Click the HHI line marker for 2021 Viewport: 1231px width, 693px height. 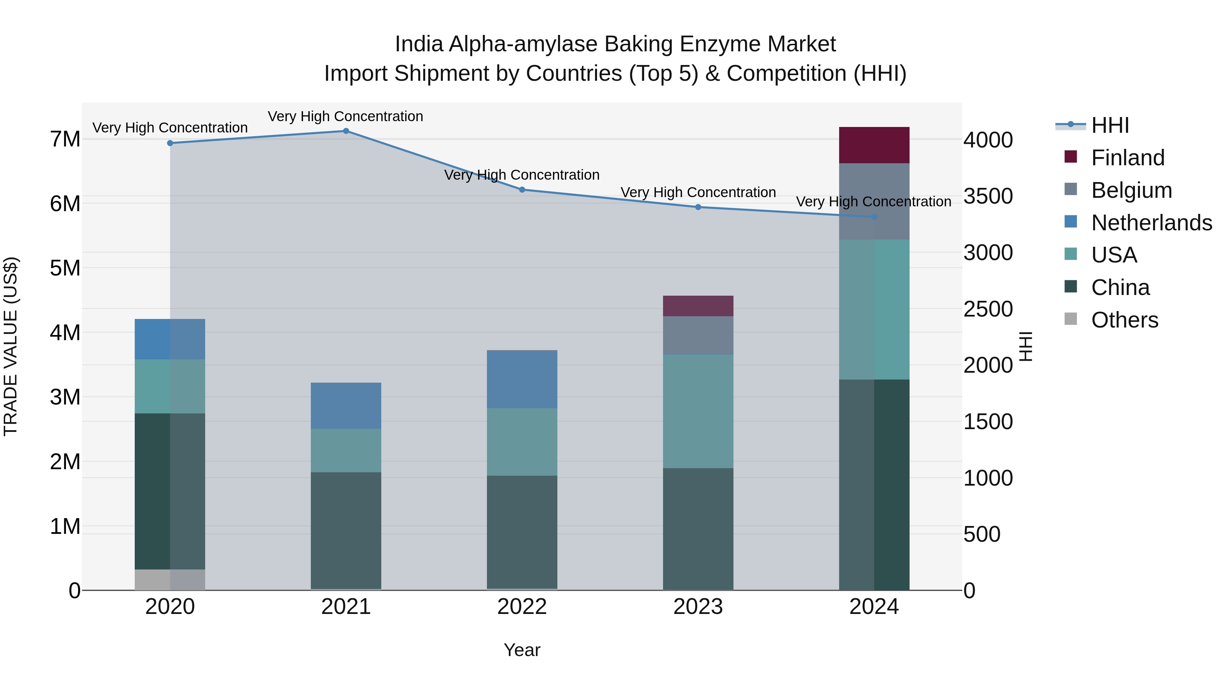coord(346,131)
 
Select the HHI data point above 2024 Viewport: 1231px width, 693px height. coord(874,217)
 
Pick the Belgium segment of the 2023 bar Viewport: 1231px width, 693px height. coord(698,335)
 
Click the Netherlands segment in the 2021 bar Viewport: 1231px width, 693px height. coord(346,406)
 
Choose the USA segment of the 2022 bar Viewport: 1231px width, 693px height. coord(522,441)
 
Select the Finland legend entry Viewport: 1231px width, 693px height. coord(1128,158)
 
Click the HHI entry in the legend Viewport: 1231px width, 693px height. coord(1110,125)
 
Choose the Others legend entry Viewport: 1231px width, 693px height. coord(1124,320)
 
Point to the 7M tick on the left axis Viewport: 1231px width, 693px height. coord(65,139)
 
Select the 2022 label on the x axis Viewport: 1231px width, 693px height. coord(522,607)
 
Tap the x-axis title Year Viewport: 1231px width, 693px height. coord(522,650)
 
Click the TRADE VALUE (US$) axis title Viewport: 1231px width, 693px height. coord(11,346)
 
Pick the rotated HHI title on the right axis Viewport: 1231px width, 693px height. coord(1025,346)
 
